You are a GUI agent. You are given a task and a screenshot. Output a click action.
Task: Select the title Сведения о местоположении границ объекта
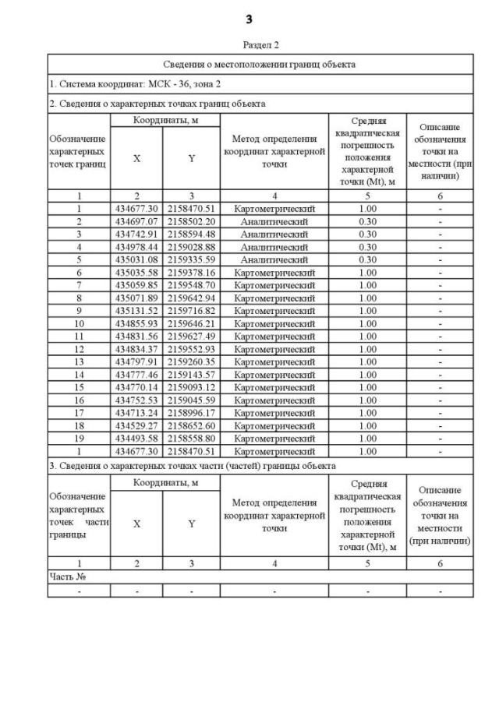tap(260, 64)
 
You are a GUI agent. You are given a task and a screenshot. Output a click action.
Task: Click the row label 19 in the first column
tap(79, 439)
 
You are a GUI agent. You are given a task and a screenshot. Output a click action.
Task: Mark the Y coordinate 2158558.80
tap(192, 439)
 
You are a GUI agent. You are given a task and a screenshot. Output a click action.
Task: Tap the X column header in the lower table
tap(137, 524)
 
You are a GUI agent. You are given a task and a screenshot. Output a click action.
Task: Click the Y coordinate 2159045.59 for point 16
tap(192, 400)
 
